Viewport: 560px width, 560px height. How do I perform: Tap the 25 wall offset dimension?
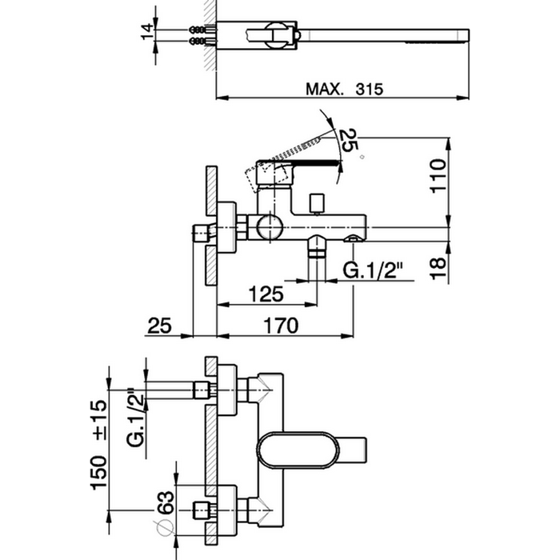(160, 325)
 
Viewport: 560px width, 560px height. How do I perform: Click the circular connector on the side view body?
(267, 227)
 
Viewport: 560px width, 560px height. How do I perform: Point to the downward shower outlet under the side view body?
(317, 253)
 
